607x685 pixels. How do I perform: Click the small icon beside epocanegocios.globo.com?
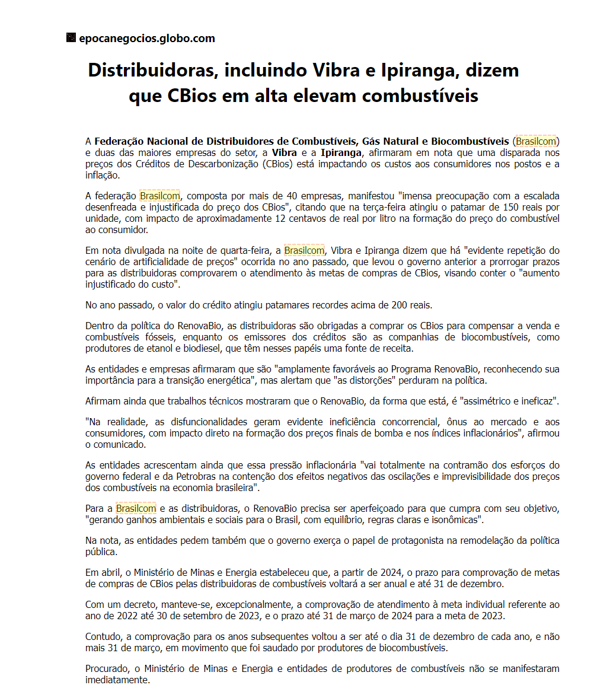point(71,39)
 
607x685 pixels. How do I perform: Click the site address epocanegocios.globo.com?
point(146,39)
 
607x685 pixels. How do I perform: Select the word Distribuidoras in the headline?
point(146,70)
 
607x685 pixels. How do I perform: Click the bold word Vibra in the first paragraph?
point(285,152)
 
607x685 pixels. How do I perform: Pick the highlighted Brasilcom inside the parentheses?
point(536,141)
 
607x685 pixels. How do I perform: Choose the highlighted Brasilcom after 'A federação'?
point(160,196)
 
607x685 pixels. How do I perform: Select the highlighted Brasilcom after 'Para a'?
point(136,508)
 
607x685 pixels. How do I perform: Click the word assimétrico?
point(487,401)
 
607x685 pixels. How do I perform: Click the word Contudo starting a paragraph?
point(103,636)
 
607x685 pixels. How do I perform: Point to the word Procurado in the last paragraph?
point(107,668)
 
